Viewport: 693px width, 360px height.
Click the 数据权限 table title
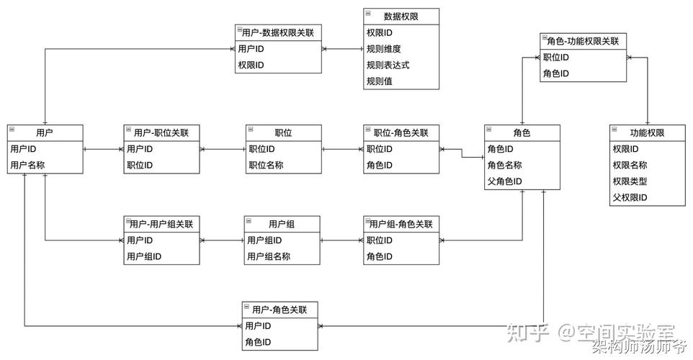tap(401, 15)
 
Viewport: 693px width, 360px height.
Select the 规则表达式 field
tap(388, 65)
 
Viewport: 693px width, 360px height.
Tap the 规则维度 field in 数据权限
tap(383, 49)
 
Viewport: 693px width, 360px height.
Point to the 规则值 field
tap(379, 81)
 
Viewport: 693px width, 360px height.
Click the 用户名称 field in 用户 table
tap(28, 166)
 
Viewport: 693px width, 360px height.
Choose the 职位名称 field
tap(266, 166)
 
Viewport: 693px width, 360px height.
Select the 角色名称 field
tap(504, 166)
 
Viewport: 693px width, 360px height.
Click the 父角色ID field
tap(504, 181)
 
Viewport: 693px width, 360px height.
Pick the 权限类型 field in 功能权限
tap(630, 181)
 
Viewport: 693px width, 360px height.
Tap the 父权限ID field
tap(630, 197)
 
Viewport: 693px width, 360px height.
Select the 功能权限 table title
tap(647, 133)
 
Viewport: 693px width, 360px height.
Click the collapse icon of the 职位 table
tap(251, 130)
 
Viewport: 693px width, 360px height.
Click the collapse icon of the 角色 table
tap(489, 130)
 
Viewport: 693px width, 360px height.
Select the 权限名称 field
tap(630, 166)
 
